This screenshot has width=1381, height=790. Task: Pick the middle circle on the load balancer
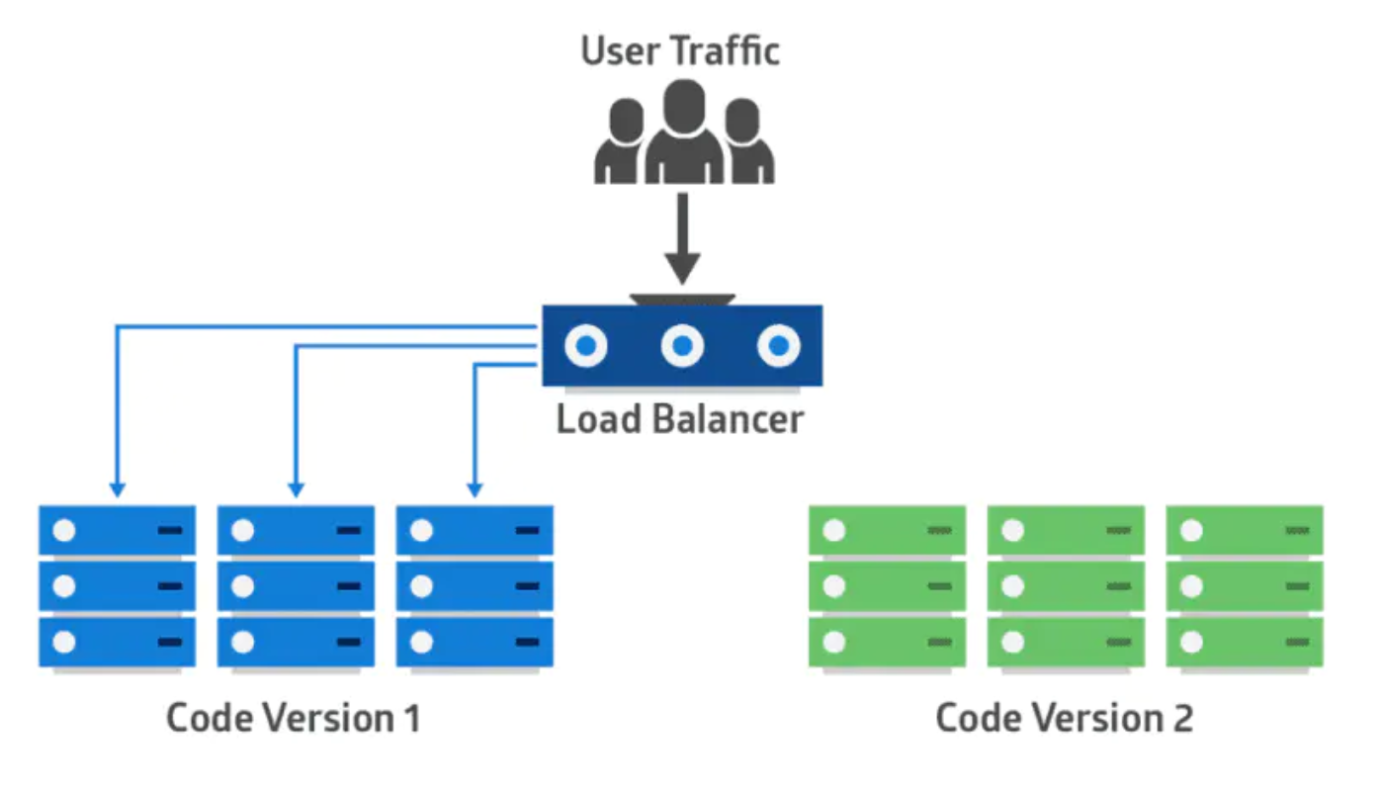click(682, 346)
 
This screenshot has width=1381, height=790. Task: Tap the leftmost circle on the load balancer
click(586, 346)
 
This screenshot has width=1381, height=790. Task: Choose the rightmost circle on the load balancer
click(778, 346)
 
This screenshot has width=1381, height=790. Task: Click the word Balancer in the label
click(728, 419)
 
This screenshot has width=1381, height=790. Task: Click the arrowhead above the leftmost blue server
click(117, 488)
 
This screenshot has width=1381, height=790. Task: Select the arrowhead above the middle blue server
click(295, 488)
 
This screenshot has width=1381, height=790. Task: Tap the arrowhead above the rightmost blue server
click(475, 488)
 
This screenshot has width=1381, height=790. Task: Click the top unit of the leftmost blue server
click(117, 531)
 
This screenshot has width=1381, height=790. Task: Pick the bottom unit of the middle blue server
click(296, 643)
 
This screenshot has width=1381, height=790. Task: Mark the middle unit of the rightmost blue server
click(475, 587)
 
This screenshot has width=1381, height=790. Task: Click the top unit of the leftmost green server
click(887, 531)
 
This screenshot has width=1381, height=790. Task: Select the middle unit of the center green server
click(1066, 587)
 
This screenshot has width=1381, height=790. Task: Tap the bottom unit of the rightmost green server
click(1245, 643)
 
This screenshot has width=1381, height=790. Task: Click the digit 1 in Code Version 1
click(412, 718)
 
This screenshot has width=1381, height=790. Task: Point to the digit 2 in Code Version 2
click(1182, 718)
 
